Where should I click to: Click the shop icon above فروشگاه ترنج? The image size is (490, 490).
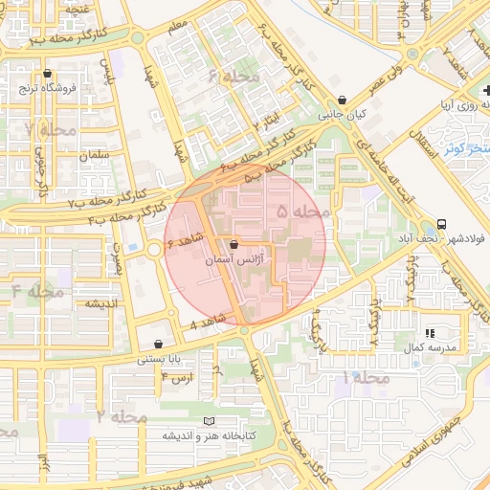(47, 74)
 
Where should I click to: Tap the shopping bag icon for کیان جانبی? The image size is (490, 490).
(343, 99)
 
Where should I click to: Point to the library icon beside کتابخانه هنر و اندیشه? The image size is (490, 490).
(211, 421)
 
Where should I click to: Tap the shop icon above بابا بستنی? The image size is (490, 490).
(158, 345)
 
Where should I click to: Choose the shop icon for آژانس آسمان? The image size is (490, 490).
(234, 245)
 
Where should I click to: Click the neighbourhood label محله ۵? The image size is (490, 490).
(302, 210)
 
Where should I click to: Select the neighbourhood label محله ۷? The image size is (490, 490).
(41, 127)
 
